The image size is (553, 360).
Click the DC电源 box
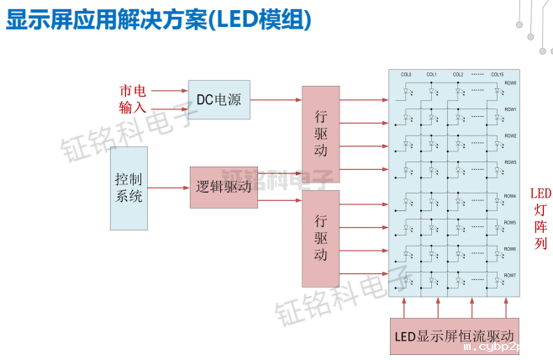click(x=219, y=99)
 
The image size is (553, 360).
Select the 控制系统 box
click(x=129, y=188)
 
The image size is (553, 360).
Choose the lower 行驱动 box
click(x=320, y=238)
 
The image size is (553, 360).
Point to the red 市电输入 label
click(x=133, y=99)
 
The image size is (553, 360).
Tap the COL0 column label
click(x=406, y=75)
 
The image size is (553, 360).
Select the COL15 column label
click(x=498, y=75)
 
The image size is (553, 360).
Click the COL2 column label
click(x=458, y=75)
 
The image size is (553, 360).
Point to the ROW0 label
click(x=510, y=83)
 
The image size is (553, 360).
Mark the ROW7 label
click(x=510, y=275)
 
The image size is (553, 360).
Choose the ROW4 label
click(x=510, y=196)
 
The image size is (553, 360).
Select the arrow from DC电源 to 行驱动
click(x=276, y=99)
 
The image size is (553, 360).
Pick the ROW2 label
click(x=510, y=136)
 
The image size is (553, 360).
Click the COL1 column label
click(x=432, y=75)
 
